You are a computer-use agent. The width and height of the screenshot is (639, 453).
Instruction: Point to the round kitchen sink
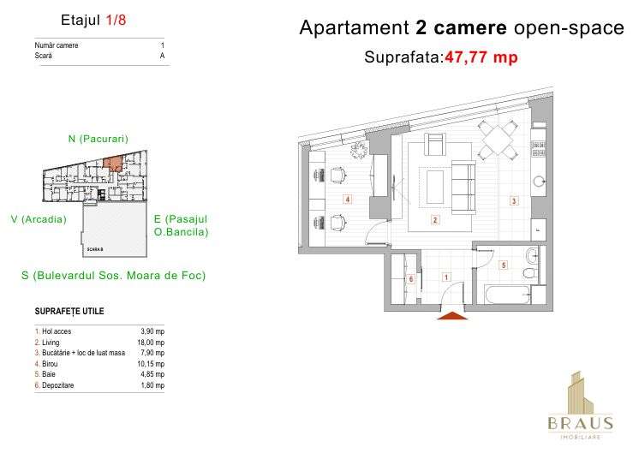pos(539,182)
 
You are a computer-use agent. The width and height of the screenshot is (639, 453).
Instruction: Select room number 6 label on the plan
pos(411,279)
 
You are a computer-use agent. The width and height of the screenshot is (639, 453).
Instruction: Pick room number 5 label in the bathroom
pos(504,265)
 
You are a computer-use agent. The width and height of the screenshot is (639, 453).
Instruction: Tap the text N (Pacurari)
pos(98,138)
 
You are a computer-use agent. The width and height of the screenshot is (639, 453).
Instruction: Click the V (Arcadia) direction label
pos(39,219)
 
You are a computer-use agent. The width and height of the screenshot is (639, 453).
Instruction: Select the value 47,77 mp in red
pos(481,58)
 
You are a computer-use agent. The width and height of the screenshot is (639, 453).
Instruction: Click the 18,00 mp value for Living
pos(151,343)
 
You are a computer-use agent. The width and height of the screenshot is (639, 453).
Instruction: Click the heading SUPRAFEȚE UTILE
pos(69,311)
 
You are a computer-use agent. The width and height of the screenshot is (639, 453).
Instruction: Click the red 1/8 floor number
pos(116,21)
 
